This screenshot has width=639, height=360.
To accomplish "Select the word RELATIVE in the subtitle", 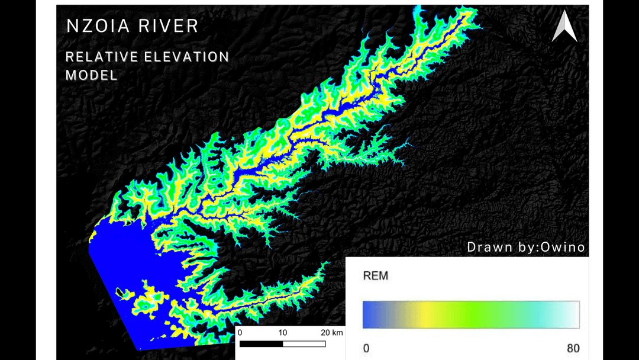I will tap(101, 57).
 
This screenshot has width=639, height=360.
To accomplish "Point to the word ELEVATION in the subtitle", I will tap(186, 57).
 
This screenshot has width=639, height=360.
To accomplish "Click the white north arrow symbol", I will tap(564, 27).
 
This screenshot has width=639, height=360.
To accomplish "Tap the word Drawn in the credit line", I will tap(488, 247).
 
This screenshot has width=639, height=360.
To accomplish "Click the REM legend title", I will tap(375, 276).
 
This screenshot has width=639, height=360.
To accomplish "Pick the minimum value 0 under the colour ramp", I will tap(366, 348).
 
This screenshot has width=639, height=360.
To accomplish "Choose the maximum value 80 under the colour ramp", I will tap(573, 348).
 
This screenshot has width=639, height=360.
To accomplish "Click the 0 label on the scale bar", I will tap(240, 333).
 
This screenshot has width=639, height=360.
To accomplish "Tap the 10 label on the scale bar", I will tap(283, 333).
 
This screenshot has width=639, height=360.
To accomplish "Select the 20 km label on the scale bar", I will tap(331, 333).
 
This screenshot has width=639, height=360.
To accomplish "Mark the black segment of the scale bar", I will tap(261, 343).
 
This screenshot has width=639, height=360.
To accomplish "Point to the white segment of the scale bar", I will tap(304, 343).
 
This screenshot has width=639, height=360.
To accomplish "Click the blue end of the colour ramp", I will tap(370, 314).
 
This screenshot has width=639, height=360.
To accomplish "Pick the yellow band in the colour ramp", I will tap(423, 314).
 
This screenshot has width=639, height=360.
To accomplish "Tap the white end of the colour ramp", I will tap(573, 314).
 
